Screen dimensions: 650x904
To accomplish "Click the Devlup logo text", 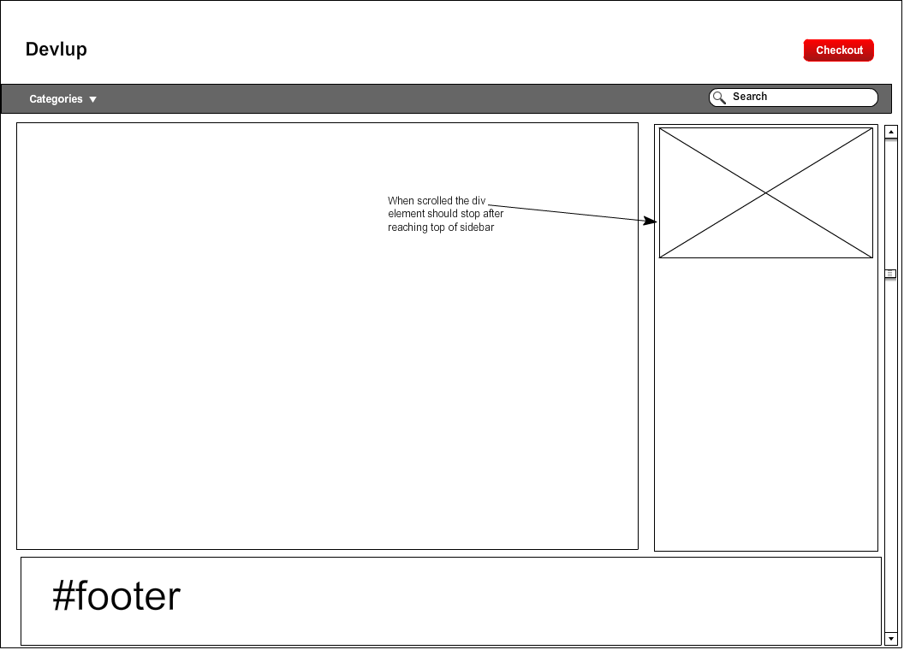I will point(56,50).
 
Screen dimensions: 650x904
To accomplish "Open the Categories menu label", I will point(56,99).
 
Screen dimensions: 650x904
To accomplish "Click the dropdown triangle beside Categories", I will point(93,99).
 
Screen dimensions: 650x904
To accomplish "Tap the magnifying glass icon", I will point(719,97).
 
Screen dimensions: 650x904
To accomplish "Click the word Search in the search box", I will point(750,97).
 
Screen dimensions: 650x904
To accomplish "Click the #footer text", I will point(116,596).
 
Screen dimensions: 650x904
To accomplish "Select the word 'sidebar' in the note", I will point(478,227).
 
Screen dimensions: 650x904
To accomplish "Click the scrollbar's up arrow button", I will point(891,132).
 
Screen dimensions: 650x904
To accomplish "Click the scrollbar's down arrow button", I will point(891,638).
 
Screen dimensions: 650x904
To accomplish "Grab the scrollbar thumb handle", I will point(891,274).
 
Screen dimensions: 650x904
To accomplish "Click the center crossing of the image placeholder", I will point(766,193).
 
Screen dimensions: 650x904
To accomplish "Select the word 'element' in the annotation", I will point(406,214).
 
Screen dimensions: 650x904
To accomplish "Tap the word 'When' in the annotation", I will point(401,201).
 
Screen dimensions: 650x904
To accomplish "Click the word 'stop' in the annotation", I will point(472,214).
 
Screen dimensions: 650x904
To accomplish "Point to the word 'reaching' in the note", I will point(407,227).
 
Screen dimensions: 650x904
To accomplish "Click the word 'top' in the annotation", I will point(437,227).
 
